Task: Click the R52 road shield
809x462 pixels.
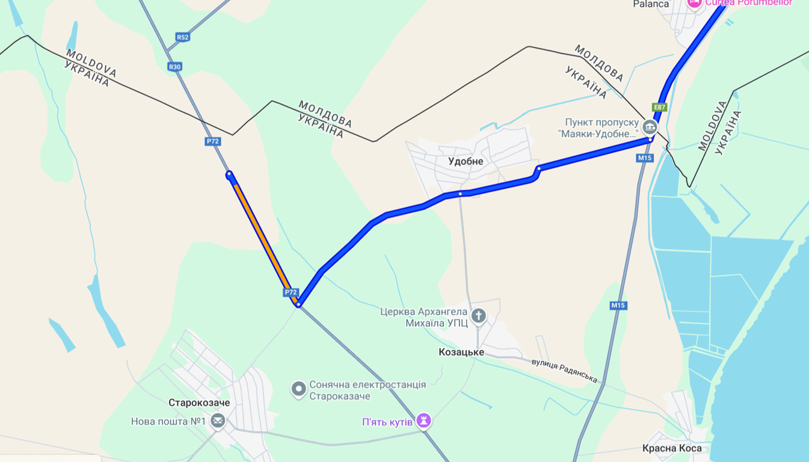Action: (182, 37)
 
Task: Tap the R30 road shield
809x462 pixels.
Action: (174, 67)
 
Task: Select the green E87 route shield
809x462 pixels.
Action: (660, 107)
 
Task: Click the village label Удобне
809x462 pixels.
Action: (466, 161)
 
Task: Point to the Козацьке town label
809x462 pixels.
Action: (461, 353)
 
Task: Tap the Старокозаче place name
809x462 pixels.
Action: (199, 402)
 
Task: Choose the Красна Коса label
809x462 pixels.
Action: (672, 448)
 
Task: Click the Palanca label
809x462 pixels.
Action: (651, 4)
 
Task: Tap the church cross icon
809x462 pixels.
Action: (478, 315)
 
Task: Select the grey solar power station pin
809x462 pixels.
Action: (298, 389)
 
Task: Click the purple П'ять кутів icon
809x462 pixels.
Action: (424, 420)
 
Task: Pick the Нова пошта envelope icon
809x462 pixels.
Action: (218, 421)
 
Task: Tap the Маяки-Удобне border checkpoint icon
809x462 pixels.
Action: (650, 127)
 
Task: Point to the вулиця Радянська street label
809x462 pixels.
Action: (564, 371)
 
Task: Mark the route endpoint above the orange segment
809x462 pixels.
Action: (229, 174)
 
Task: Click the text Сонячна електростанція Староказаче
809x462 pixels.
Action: (368, 390)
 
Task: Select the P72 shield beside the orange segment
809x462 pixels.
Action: (291, 292)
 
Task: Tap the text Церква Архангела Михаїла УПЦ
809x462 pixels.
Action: (424, 318)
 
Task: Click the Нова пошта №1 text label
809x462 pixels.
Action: (168, 422)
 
